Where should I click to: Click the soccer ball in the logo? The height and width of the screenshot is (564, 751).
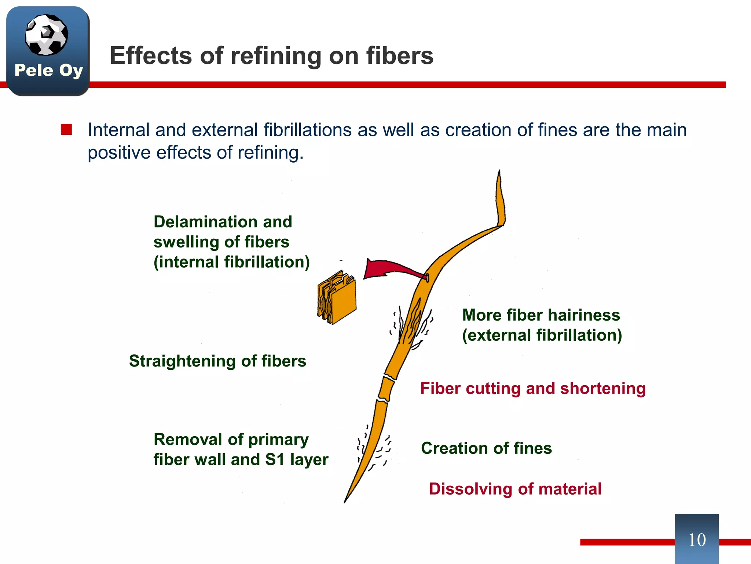46,35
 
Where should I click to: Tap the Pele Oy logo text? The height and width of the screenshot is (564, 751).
48,70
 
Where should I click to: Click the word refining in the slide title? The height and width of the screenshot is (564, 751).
276,56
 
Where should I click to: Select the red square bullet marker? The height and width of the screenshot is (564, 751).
66,130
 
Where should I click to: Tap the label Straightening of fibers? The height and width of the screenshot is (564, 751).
217,361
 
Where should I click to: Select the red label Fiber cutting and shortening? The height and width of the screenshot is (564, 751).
533,388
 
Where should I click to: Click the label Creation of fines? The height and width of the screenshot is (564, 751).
486,448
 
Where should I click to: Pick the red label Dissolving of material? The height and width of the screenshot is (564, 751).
515,489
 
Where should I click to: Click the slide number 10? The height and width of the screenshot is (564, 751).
697,540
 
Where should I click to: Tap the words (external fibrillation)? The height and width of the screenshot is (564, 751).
542,335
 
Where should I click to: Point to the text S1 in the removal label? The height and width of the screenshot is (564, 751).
274,460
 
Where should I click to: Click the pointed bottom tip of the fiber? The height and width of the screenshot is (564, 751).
345,501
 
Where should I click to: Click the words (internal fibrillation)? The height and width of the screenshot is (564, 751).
231,262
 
